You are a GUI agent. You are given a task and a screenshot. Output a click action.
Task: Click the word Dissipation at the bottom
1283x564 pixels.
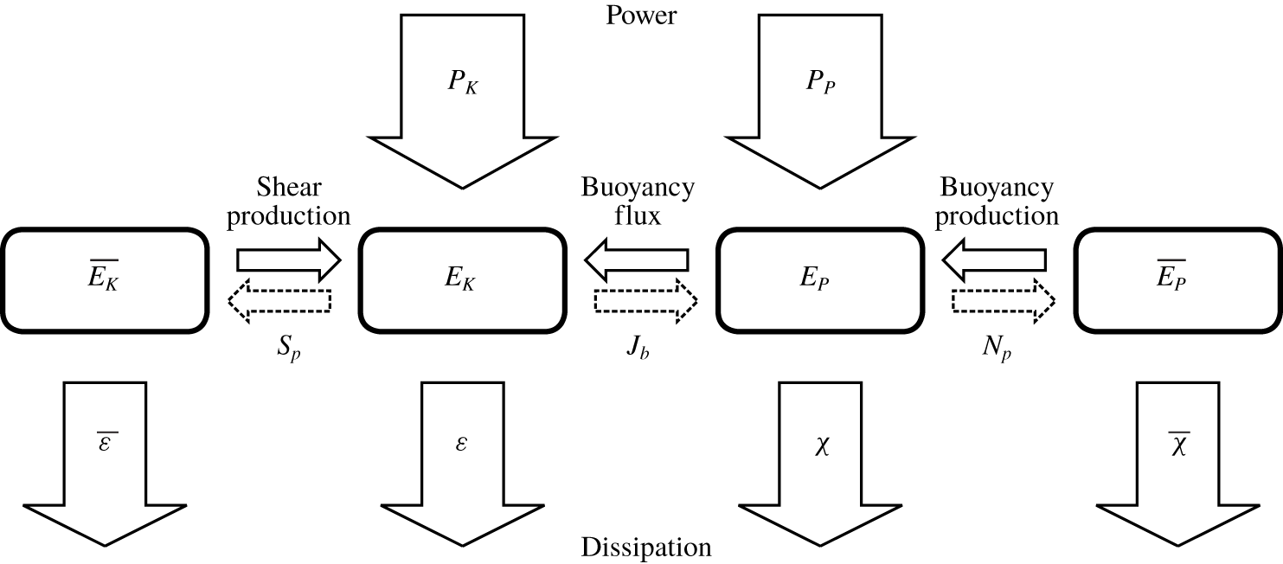[x=646, y=548]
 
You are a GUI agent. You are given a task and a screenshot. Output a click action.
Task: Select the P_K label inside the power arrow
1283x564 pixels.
[x=460, y=87]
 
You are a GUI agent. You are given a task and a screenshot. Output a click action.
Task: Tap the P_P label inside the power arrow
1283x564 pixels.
[x=818, y=87]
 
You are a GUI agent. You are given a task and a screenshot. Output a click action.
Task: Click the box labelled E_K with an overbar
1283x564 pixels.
[x=105, y=280]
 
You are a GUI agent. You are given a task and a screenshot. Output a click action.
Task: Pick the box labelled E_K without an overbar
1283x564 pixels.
[x=460, y=280]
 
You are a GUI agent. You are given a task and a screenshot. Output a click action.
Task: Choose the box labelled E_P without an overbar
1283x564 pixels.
[x=818, y=280]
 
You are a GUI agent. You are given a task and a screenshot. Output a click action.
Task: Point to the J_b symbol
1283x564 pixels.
[x=639, y=356]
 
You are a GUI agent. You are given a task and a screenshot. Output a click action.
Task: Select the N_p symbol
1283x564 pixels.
[x=998, y=356]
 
